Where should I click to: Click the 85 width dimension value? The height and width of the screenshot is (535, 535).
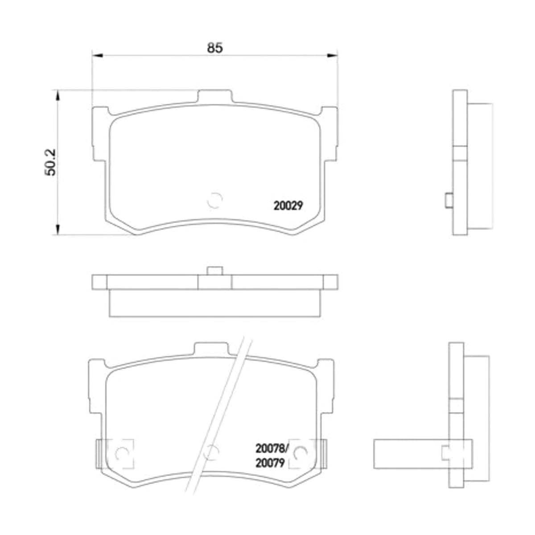[x=214, y=48]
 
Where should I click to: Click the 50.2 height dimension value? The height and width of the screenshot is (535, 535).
[x=50, y=163]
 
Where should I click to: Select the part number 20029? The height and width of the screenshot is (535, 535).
[x=288, y=206]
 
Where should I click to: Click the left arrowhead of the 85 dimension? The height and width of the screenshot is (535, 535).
[x=98, y=56]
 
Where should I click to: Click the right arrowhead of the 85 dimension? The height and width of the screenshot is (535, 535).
[x=332, y=56]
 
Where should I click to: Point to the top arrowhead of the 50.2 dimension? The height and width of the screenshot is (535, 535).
[x=58, y=95]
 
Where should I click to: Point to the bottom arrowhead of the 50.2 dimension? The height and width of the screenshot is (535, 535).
[x=58, y=229]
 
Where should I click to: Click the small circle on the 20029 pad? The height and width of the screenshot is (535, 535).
[x=214, y=200]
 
